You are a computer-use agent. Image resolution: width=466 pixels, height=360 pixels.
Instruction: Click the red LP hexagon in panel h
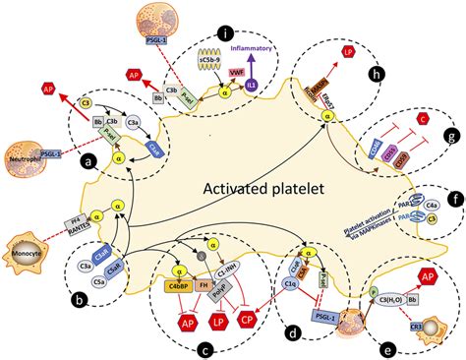(x=346, y=51)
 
